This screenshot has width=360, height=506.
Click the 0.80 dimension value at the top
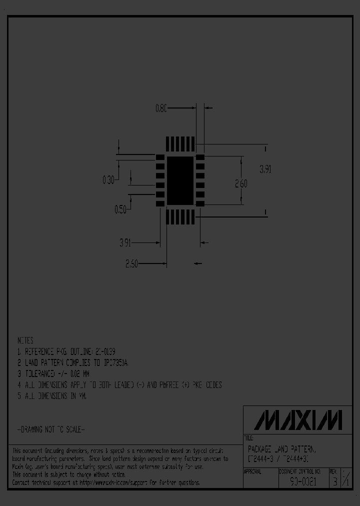coord(161,107)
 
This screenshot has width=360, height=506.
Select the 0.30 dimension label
coord(108,179)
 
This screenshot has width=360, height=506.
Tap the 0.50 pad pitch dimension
coord(120,210)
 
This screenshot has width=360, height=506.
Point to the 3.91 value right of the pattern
coord(265,169)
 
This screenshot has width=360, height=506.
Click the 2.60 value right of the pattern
coord(241,183)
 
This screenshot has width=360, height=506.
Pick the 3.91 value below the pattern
coord(125,243)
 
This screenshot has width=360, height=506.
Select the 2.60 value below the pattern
coord(131,264)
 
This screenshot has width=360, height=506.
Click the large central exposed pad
coord(180,180)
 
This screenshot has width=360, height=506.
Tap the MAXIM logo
coord(297,420)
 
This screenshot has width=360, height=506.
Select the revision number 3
coord(334,482)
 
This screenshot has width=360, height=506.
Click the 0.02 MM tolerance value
coord(75,373)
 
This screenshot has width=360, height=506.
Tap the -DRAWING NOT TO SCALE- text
coord(51,429)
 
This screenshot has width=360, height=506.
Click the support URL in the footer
coord(135,482)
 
